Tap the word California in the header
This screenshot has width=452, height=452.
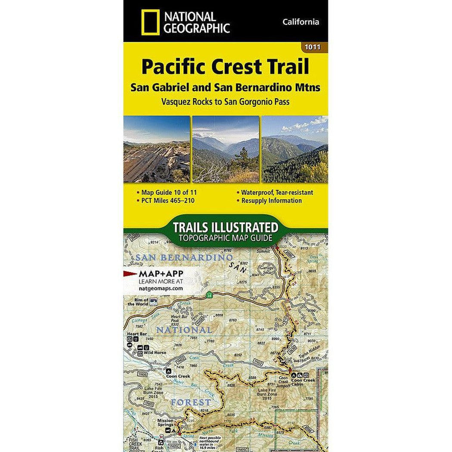[x=301, y=22]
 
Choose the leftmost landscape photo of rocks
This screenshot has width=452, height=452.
[x=156, y=149]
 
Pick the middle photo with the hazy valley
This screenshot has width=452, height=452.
[x=226, y=149]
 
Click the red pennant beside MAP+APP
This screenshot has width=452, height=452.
[x=130, y=273]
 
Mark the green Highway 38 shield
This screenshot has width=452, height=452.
[x=209, y=295]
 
